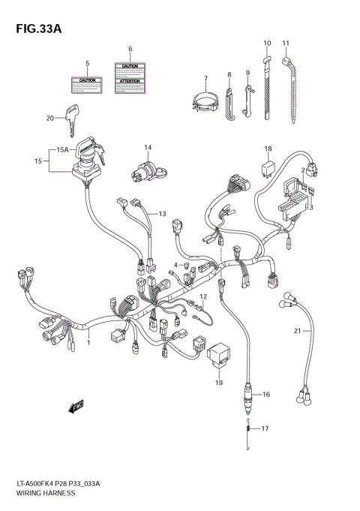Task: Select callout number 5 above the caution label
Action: click(86, 63)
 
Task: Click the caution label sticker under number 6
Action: click(130, 78)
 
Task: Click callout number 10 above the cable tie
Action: click(266, 44)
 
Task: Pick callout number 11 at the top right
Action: click(286, 44)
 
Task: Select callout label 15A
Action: click(62, 150)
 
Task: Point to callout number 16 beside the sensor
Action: click(266, 394)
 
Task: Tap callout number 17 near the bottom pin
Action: click(264, 429)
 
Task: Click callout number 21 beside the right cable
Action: click(297, 330)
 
